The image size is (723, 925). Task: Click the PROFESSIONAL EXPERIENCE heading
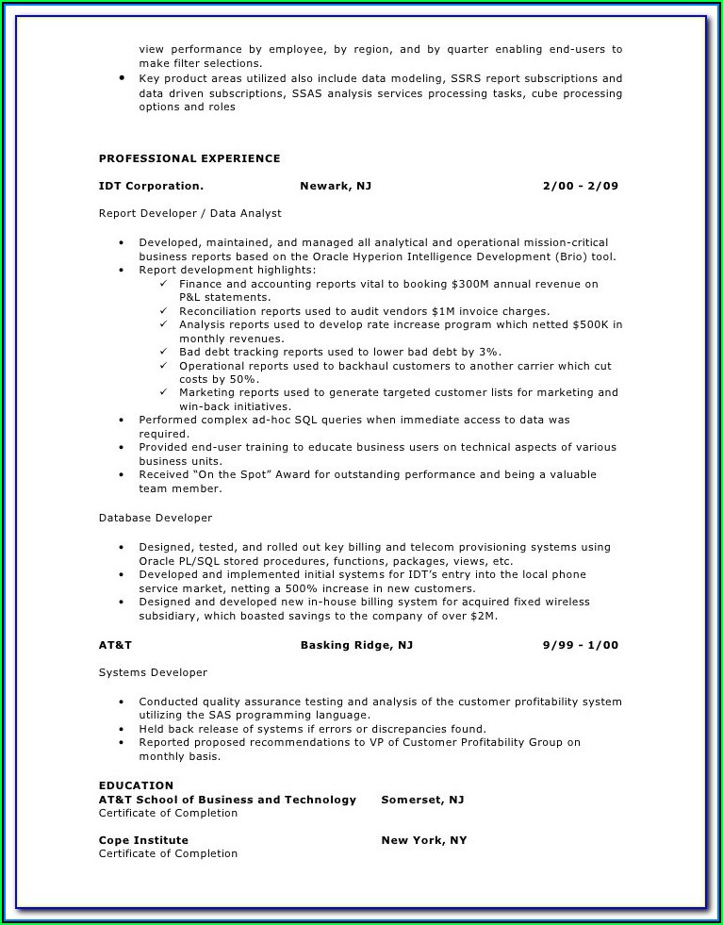189,158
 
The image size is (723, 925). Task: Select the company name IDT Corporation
151,186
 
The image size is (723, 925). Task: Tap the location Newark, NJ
336,186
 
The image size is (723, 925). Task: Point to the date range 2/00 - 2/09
581,186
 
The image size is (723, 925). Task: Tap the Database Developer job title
156,518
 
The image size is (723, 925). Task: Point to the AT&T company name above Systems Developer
115,645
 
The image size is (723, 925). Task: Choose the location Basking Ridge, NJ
356,645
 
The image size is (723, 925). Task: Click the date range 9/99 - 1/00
581,645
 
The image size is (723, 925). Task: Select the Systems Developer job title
153,672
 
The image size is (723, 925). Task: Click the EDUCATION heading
137,785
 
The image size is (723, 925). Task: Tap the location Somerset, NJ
422,800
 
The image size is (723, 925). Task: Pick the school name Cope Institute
143,840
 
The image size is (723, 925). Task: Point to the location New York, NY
424,840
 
